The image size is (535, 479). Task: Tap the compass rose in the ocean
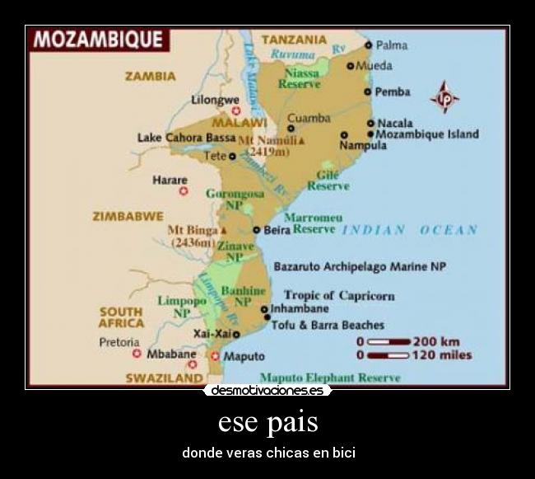[445, 97]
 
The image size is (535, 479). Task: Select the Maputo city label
[244, 356]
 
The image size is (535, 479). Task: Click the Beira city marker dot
[257, 230]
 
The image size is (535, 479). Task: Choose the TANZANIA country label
[294, 39]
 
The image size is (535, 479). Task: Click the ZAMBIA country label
[150, 76]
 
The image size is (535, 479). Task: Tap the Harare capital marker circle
[184, 191]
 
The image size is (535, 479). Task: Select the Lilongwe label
[215, 99]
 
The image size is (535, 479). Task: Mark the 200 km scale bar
[388, 341]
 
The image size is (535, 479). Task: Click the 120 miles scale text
[441, 355]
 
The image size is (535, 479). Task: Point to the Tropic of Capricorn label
[339, 295]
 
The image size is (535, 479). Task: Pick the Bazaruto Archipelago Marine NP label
[359, 267]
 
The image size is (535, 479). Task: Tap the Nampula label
[362, 145]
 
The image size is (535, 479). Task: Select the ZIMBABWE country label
[128, 216]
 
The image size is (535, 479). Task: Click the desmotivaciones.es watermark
[267, 390]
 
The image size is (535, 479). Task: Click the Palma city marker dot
[369, 45]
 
